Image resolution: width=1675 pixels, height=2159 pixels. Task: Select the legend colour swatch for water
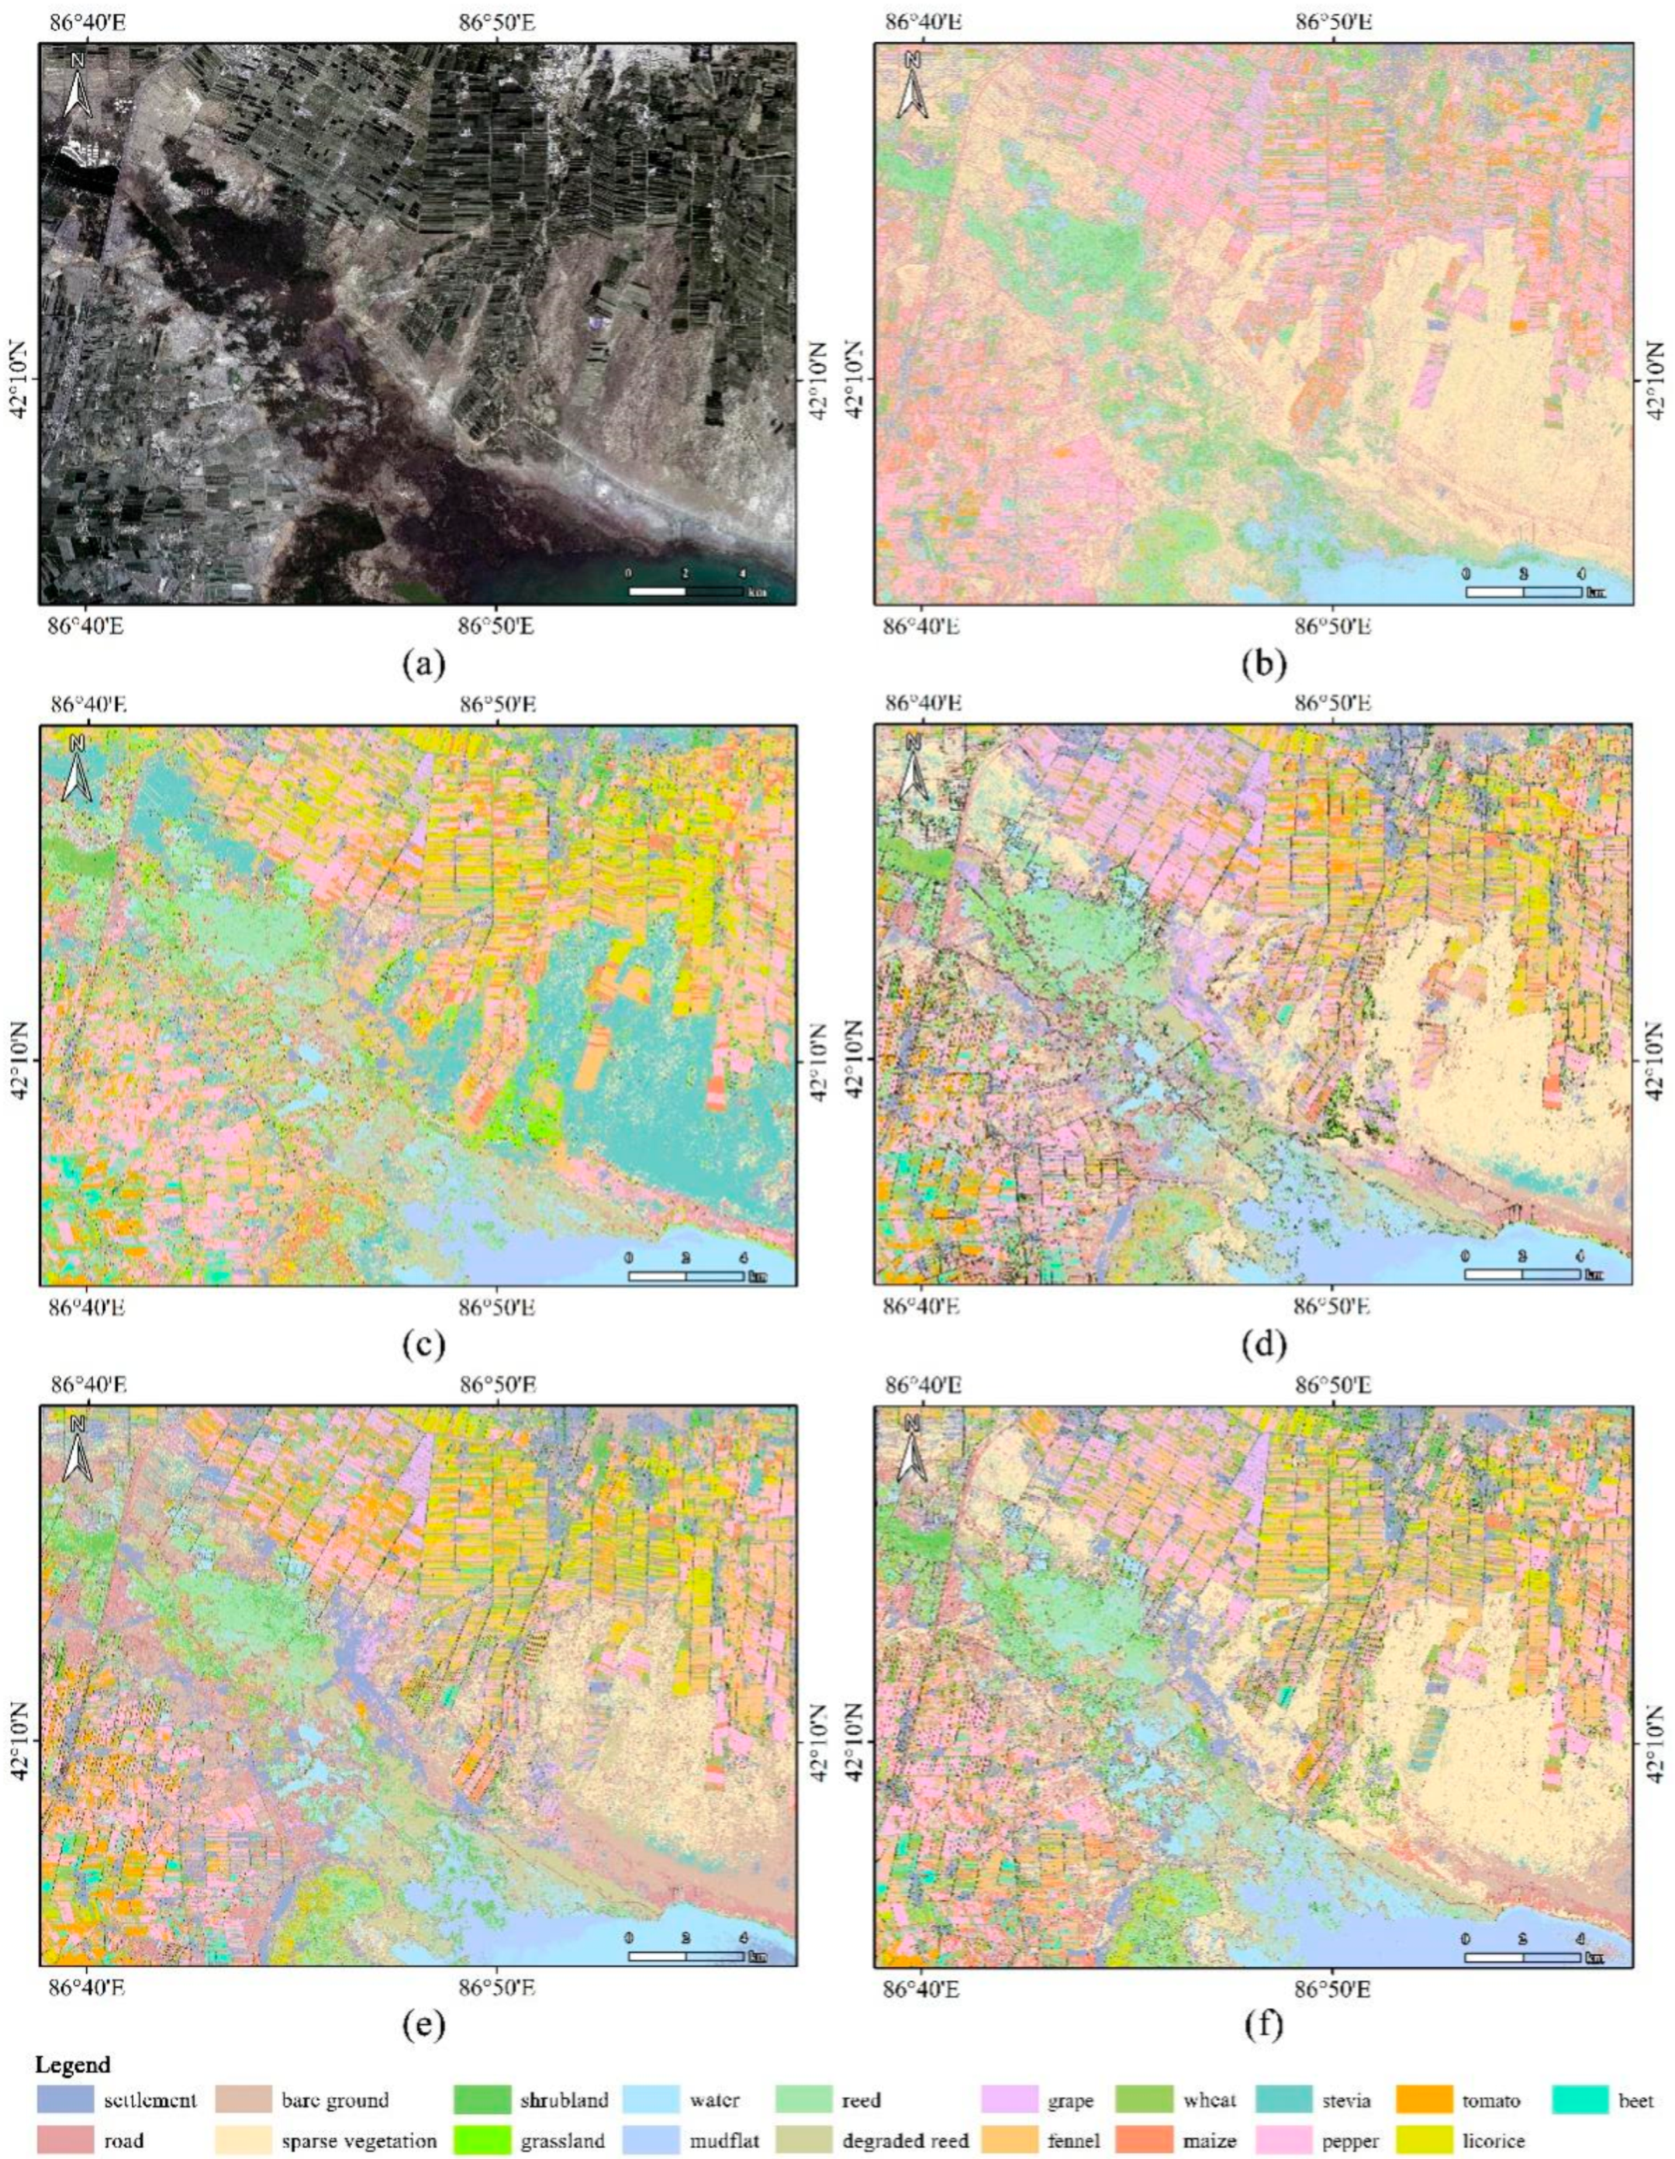(651, 2099)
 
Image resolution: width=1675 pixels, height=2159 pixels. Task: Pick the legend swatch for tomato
(1425, 2099)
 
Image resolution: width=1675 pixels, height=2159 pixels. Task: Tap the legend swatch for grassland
(482, 2141)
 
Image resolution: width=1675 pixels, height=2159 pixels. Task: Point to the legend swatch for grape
(1009, 2099)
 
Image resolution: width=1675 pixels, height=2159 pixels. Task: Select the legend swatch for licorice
(1425, 2141)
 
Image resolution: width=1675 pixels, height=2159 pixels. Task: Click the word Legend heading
(72, 2064)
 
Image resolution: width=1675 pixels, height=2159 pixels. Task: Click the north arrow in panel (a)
(77, 87)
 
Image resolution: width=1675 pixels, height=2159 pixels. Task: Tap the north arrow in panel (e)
(77, 1450)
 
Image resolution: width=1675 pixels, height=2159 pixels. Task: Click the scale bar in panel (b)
(1523, 592)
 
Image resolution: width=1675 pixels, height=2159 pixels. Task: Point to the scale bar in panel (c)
(686, 1275)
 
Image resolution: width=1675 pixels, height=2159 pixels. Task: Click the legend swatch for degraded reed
(802, 2141)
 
